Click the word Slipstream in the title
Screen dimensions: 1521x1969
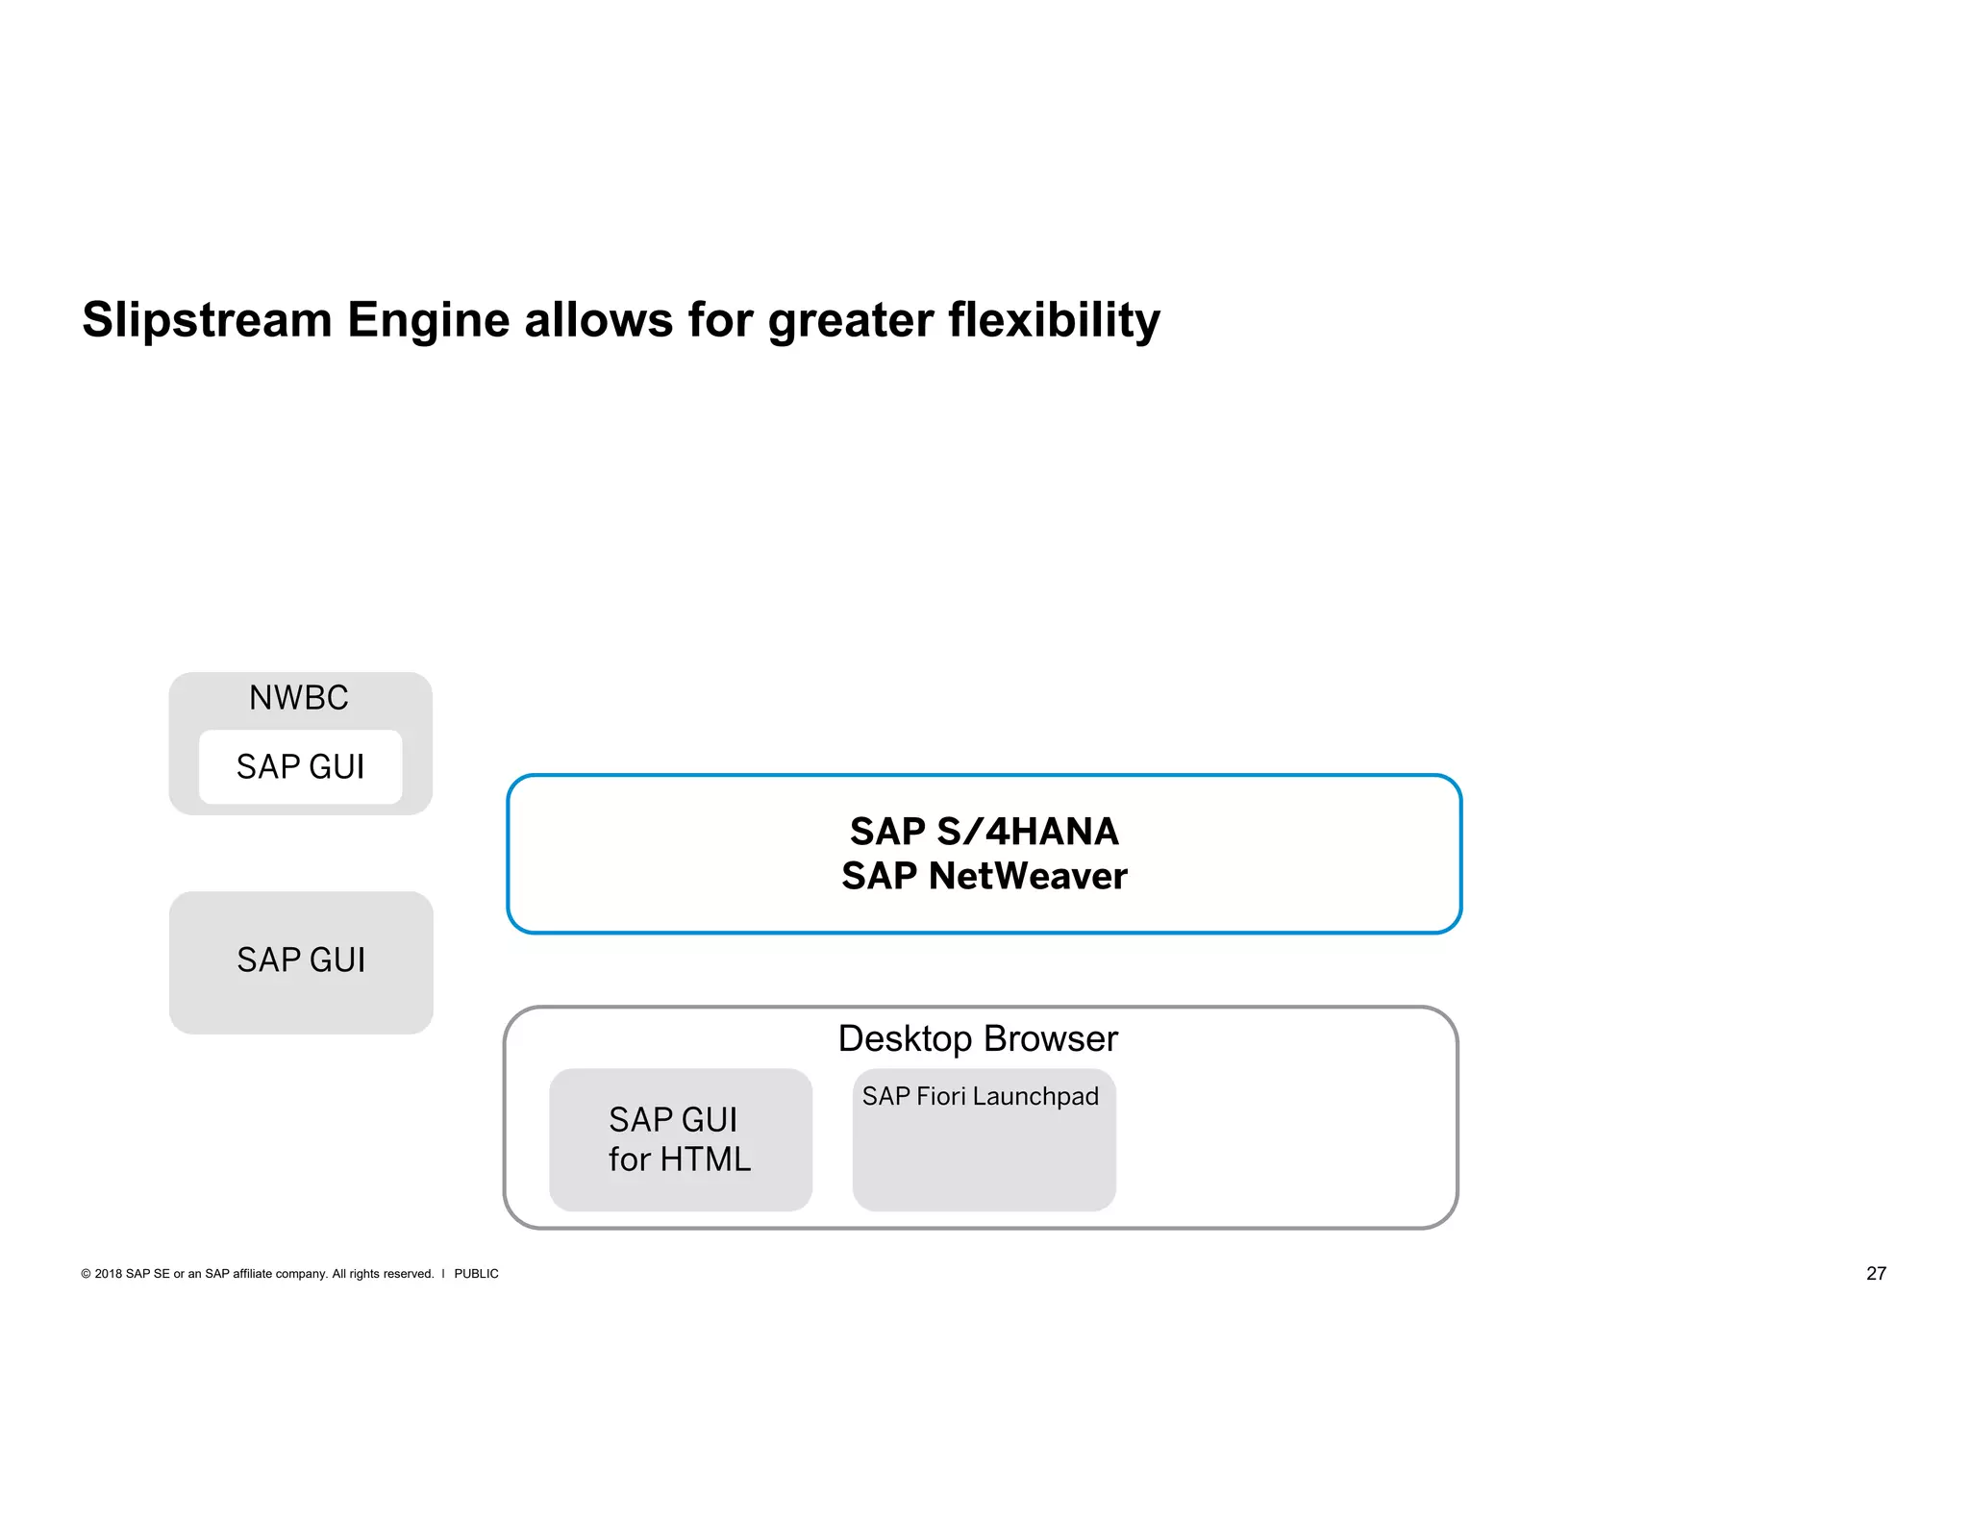tap(207, 320)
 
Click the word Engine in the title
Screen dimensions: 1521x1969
tap(428, 320)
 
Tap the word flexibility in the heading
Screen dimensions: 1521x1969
tap(1054, 320)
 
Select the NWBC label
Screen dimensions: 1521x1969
tap(299, 698)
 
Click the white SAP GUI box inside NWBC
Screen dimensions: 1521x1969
tap(300, 767)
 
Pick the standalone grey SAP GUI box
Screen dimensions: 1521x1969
tap(301, 961)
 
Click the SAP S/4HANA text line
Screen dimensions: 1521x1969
tap(984, 832)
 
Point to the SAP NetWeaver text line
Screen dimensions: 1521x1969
tap(984, 876)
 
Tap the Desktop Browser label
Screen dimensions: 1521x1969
tap(978, 1039)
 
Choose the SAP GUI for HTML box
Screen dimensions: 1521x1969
tap(680, 1139)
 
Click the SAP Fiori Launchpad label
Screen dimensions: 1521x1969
tap(980, 1097)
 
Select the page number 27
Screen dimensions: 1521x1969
tap(1876, 1274)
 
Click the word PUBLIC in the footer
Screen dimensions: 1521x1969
tap(476, 1274)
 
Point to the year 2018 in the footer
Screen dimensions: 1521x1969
tap(108, 1274)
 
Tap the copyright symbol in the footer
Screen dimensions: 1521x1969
tap(86, 1274)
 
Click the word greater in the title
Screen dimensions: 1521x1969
tap(851, 320)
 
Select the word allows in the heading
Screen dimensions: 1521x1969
tap(599, 320)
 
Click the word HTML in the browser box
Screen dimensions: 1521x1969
tap(705, 1159)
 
